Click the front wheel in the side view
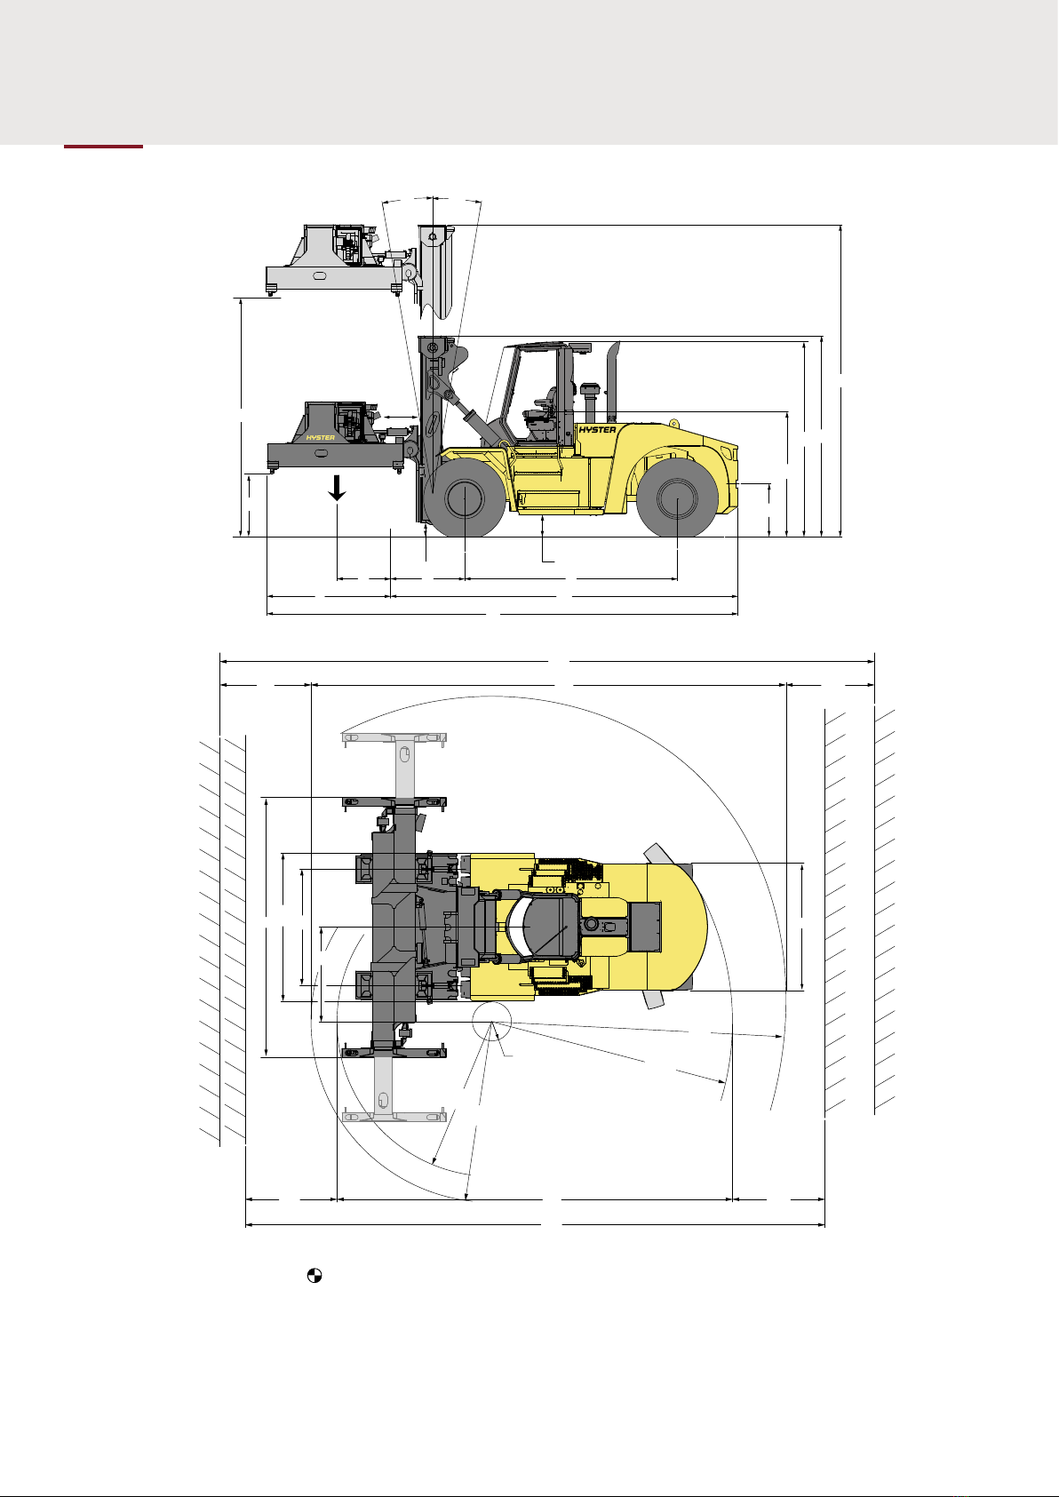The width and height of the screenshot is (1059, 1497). click(x=465, y=498)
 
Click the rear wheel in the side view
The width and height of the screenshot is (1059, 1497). click(x=678, y=498)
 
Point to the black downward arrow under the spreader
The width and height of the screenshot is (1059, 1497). click(x=338, y=488)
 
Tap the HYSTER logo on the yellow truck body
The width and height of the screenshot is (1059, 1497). click(x=597, y=430)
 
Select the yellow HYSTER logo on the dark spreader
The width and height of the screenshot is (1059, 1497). click(x=321, y=438)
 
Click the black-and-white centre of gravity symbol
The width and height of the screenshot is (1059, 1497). click(x=314, y=1275)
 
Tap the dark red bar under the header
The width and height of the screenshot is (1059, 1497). click(x=104, y=147)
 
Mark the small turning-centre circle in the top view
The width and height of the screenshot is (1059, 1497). click(x=492, y=1022)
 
